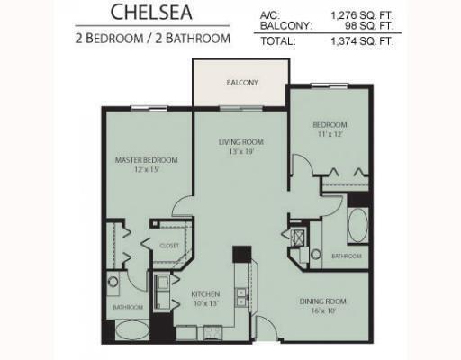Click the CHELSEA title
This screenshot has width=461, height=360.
pos(151,12)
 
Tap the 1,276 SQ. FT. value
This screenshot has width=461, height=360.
pos(362,15)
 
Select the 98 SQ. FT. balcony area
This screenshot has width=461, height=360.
pos(369,25)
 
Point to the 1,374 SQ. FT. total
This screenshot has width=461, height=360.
pos(362,41)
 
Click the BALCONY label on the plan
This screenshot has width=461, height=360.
pos(242,83)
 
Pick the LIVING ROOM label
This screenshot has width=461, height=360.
pos(241,142)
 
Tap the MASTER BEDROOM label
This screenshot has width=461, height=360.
pos(147,160)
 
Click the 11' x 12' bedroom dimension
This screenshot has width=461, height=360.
pos(330,134)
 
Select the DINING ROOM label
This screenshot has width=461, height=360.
pos(323,301)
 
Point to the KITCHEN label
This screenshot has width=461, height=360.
pos(205,293)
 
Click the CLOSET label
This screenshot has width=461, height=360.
pos(169,246)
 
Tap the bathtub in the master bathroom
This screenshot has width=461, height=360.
pos(132,330)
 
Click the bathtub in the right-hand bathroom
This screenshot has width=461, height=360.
pos(357,225)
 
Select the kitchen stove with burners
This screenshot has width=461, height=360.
pos(212,333)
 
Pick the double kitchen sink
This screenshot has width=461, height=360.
pos(241,297)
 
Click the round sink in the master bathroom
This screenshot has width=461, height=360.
pos(113,282)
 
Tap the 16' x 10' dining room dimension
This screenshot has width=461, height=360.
pos(323,310)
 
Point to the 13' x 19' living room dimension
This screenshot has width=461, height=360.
pos(241,151)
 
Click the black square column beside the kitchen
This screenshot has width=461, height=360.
pos(242,254)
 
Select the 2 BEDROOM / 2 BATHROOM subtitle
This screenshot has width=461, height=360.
pos(153,39)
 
